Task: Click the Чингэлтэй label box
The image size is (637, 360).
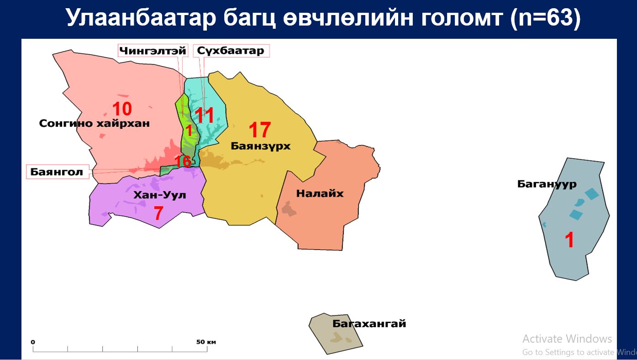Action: [x=153, y=51]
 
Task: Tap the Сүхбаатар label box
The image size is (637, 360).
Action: [x=231, y=51]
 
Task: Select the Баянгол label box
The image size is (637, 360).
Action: [x=58, y=172]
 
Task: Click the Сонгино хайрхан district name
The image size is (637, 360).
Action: [x=95, y=123]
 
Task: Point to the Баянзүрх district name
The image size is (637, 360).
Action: [x=261, y=146]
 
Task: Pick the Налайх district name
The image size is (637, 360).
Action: [x=320, y=193]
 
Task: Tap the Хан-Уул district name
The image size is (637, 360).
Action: [x=160, y=195]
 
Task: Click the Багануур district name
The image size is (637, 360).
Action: [x=547, y=184]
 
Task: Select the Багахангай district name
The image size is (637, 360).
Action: [x=369, y=323]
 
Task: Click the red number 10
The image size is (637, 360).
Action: [x=122, y=109]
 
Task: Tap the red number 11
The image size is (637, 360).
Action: [x=204, y=115]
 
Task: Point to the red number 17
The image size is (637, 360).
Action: [x=260, y=130]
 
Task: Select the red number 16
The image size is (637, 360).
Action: [x=183, y=162]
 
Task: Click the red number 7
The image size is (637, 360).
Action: [x=159, y=213]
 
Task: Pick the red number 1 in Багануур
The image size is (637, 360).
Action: [x=569, y=240]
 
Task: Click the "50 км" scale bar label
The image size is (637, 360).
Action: [x=206, y=342]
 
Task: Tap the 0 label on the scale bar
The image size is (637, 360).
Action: [x=33, y=342]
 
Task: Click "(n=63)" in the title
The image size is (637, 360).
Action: [x=545, y=18]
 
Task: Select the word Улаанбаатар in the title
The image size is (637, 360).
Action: [x=141, y=18]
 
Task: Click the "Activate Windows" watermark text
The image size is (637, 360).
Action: [x=567, y=339]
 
